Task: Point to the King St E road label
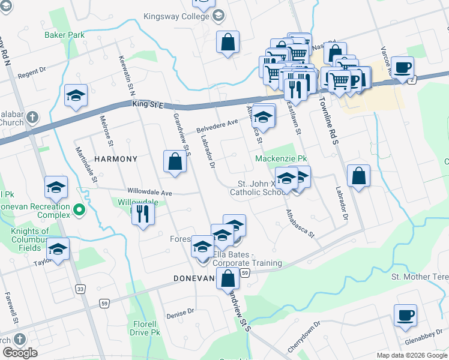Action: pos(148,105)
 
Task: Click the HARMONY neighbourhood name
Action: pos(116,159)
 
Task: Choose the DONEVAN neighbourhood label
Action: pos(194,278)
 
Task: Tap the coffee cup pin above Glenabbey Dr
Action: pos(405,314)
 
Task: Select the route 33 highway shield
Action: pos(80,289)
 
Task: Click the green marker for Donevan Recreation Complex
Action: pos(79,211)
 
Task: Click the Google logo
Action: pos(20,353)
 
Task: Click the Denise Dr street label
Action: pos(181,312)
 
